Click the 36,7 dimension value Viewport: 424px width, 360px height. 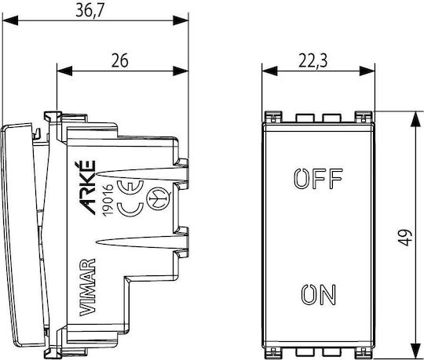pos(90,11)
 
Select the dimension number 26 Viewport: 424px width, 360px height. pos(120,60)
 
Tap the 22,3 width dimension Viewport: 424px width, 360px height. pos(313,60)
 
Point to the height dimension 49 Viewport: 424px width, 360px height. pos(405,237)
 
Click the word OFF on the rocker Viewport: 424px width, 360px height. pos(318,179)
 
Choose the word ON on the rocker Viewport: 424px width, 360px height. pos(319,294)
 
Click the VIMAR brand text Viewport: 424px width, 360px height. pos(88,287)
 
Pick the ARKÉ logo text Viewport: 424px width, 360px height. pos(87,187)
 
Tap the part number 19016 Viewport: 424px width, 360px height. pos(108,200)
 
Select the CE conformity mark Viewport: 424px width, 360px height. pos(131,198)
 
